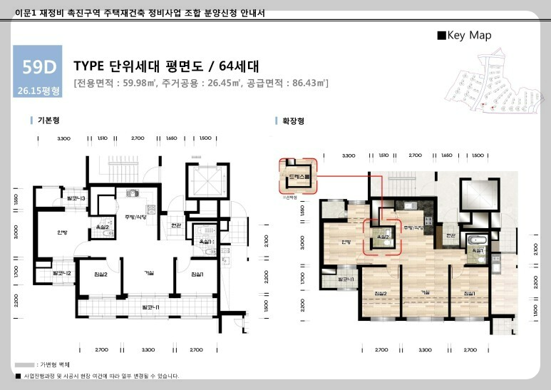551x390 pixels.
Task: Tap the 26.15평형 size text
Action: pos(39,91)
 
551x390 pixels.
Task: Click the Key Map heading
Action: pos(464,35)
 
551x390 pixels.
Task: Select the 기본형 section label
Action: pos(48,121)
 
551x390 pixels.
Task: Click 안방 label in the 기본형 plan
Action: pos(62,232)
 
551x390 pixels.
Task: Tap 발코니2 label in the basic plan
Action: pos(62,274)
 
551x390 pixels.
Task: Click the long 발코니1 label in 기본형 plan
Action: pos(150,307)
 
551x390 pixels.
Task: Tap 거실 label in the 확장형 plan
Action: pos(426,292)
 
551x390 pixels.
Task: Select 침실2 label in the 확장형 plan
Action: pos(379,293)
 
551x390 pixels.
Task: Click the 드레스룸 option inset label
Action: pos(295,175)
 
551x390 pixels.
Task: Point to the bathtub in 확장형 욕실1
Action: pos(475,239)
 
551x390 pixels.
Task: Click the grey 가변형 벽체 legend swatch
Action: pos(25,364)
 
